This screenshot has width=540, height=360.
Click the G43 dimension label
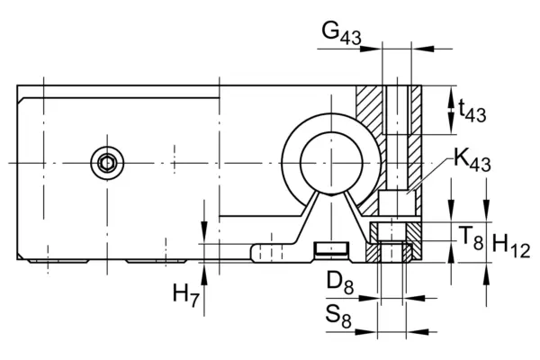(x=342, y=33)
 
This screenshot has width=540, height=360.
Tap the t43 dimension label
(x=472, y=110)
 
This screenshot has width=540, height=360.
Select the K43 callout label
(x=472, y=160)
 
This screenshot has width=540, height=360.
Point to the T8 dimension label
(x=471, y=238)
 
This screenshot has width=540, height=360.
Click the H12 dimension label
(x=511, y=246)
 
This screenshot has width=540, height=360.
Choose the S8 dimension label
(x=338, y=317)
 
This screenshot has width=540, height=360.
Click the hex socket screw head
(x=107, y=163)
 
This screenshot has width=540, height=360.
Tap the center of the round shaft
(x=331, y=163)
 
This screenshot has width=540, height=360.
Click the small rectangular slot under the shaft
(x=332, y=248)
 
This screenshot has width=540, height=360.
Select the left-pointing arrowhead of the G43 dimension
(x=422, y=49)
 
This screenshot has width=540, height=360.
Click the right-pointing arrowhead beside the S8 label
(x=366, y=332)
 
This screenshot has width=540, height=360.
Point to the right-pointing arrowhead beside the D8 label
(x=369, y=298)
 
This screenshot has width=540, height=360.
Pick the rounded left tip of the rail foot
(x=253, y=253)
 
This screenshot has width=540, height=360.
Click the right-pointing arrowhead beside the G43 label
(x=371, y=49)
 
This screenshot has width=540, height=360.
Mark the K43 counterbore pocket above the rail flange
(x=397, y=202)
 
